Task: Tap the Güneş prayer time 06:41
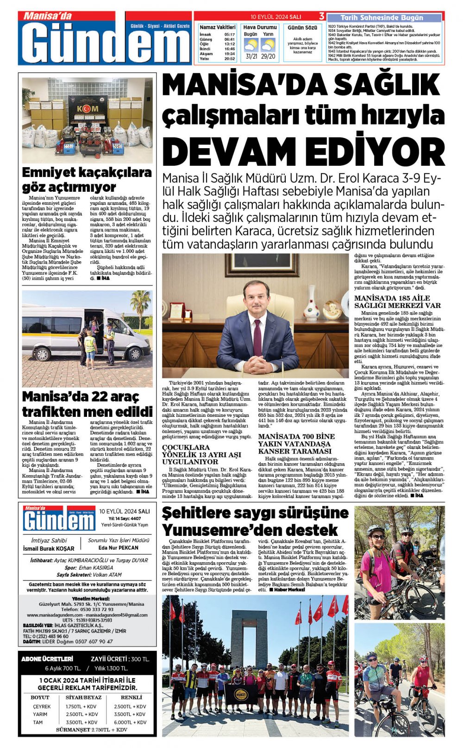[230, 39]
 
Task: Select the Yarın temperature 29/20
[268, 57]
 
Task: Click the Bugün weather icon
[251, 45]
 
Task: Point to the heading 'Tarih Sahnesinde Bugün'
[385, 18]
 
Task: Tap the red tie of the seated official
[257, 337]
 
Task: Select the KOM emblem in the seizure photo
[87, 108]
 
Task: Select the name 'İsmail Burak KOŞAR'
[48, 548]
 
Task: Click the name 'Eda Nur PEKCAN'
[119, 547]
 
